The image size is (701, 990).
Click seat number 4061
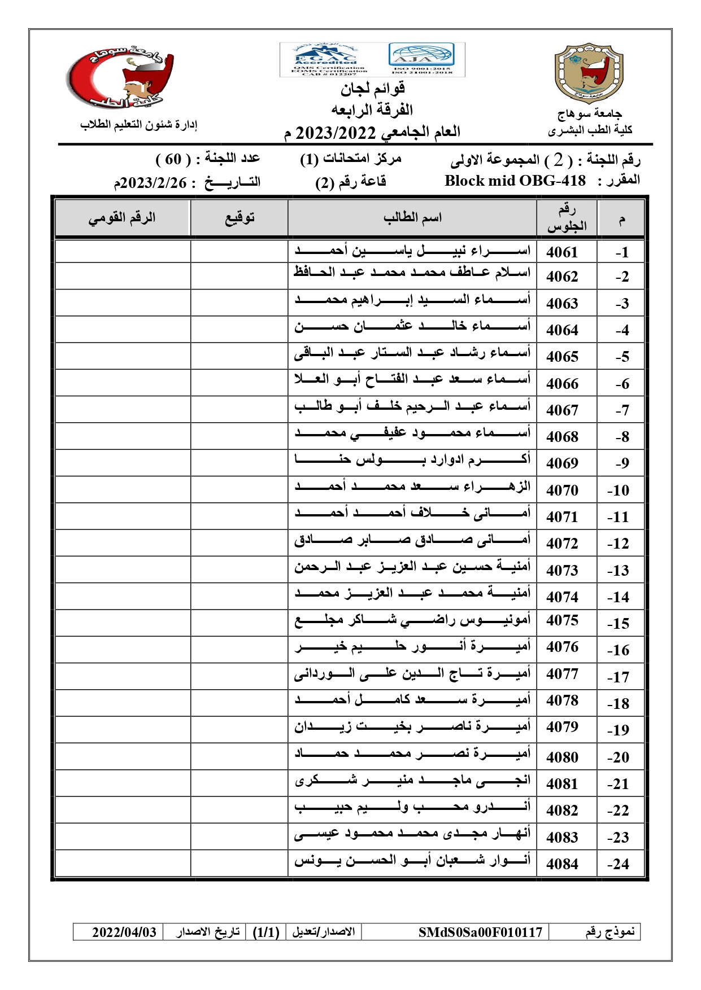562,252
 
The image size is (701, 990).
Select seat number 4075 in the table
562,620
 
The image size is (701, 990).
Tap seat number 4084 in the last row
562,864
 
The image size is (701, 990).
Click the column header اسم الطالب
412,218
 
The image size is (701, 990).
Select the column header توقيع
240,218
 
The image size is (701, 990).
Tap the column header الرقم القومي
122,218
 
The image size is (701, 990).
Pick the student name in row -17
412,674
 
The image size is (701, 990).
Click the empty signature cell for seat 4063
240,303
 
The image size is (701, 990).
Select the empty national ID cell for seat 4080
123,756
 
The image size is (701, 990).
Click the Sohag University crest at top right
589,73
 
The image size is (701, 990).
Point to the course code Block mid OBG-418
515,181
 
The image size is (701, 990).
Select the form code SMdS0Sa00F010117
480,932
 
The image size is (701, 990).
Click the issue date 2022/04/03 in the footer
124,932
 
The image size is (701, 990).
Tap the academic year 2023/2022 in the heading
336,133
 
